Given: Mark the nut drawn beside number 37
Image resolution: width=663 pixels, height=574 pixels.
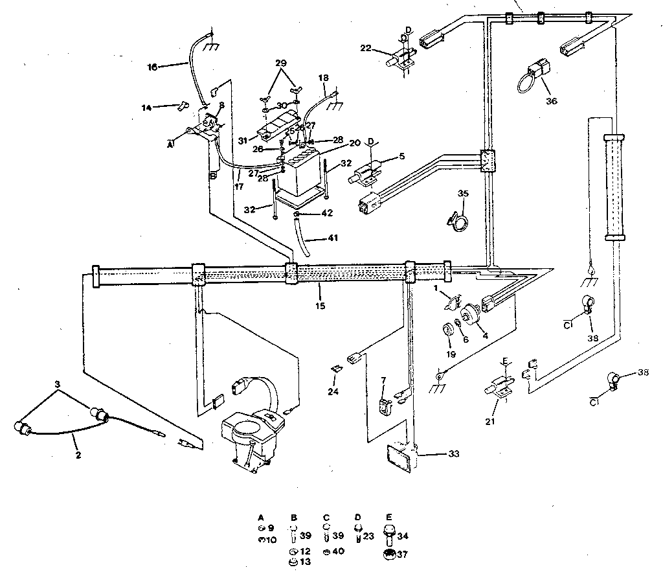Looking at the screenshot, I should point(390,553).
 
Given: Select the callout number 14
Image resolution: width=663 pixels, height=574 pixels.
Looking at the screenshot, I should point(147,107).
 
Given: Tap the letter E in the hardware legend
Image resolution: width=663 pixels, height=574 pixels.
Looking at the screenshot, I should point(388,518).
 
